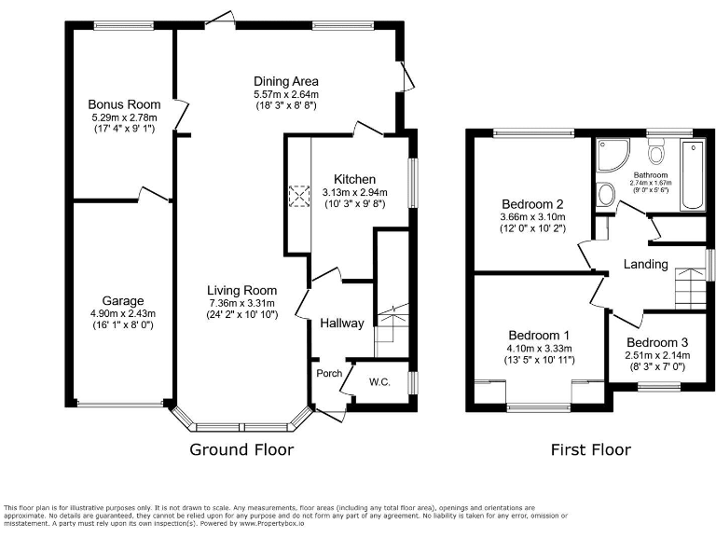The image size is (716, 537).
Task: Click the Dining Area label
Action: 286,81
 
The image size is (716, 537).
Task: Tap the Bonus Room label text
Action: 124,104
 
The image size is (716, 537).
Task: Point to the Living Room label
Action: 241,290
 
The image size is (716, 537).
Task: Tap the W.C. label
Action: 380,380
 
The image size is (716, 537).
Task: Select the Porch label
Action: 327,374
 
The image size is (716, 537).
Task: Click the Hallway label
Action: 341,324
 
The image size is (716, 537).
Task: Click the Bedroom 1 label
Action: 540,336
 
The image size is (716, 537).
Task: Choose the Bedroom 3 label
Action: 657,342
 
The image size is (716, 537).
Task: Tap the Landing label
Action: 646,265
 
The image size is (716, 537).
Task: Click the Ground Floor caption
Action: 241,449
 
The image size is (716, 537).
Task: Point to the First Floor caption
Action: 589,449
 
